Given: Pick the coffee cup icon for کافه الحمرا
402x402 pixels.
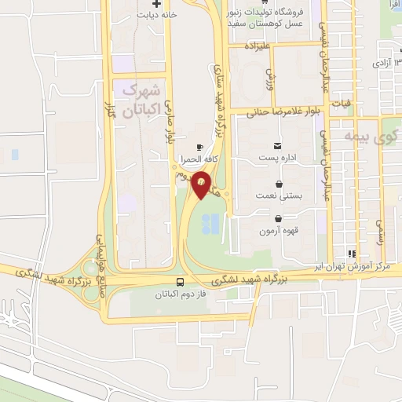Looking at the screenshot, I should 199,147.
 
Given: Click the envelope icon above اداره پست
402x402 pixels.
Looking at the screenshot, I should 276,146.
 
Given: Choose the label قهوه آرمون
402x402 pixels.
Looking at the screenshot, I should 279,231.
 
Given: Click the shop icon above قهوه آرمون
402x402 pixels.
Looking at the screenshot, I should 279,218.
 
